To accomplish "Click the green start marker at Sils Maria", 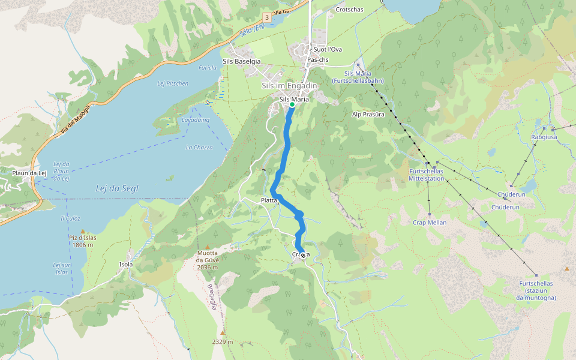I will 292,104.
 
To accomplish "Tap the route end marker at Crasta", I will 302,255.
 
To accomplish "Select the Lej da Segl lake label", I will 117,188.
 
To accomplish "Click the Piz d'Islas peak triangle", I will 83,231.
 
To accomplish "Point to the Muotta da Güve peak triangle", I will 208,247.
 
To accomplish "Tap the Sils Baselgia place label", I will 241,61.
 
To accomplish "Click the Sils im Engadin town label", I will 289,86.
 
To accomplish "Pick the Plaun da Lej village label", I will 29,173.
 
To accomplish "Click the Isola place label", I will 126,264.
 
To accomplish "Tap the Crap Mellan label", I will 430,223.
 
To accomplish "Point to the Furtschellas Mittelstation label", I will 426,175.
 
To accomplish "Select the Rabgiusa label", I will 544,137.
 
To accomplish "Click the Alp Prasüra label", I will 367,114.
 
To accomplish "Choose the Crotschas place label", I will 350,10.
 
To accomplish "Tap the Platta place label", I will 269,200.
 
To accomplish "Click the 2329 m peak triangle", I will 223,332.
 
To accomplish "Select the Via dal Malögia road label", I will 75,123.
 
